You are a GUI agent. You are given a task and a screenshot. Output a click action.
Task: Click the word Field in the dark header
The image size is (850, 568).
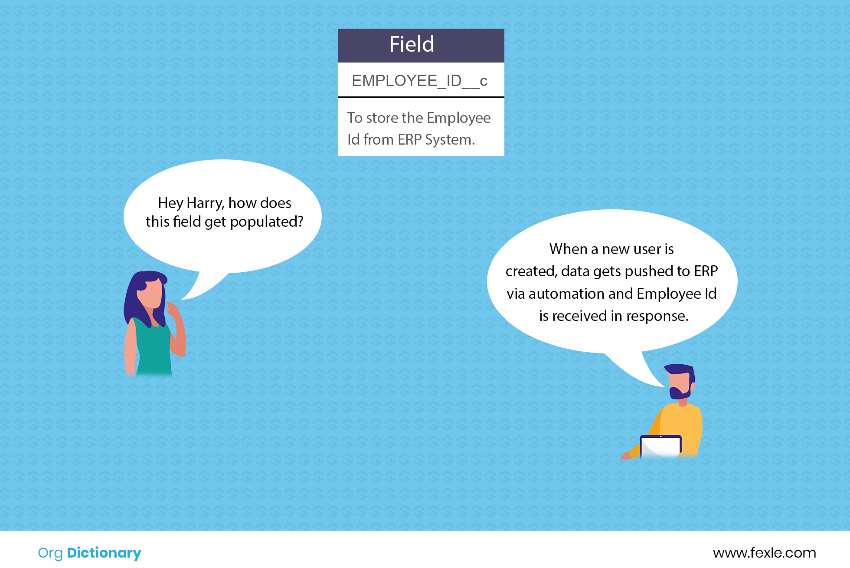tap(412, 44)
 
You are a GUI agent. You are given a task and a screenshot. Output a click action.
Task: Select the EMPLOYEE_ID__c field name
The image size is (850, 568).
tap(420, 81)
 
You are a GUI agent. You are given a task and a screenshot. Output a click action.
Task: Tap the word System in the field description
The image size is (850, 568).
tap(450, 140)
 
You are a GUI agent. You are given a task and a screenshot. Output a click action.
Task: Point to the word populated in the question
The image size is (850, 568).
tap(267, 222)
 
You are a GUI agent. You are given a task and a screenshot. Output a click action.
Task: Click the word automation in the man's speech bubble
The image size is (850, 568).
tap(581, 294)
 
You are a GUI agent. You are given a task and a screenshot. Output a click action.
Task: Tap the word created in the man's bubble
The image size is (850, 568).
tap(531, 271)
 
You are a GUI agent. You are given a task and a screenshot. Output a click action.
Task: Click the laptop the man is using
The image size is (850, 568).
tap(660, 446)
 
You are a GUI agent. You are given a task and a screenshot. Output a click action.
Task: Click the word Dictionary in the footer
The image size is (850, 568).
tap(104, 553)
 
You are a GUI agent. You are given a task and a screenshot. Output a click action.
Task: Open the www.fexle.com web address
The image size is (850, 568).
tap(765, 553)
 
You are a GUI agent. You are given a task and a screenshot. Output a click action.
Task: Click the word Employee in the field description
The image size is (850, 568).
tap(459, 118)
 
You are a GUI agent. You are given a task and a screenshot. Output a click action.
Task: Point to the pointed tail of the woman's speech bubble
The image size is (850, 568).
tap(182, 299)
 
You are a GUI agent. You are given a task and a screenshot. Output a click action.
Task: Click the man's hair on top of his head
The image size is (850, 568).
tap(679, 370)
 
